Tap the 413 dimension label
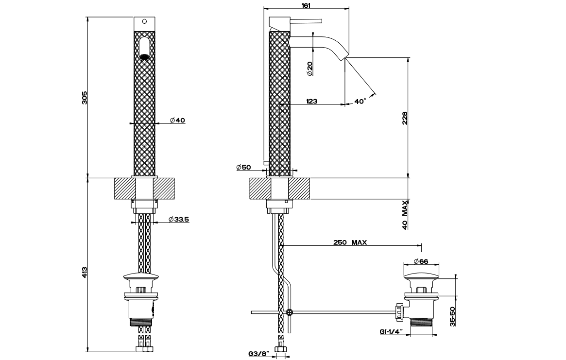pos(84,272)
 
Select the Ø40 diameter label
pos(178,120)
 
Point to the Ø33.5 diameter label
pos(179,220)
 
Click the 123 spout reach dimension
pos(312,102)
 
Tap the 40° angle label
pos(360,102)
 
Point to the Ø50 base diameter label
pos(243,167)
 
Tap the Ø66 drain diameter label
pos(421,261)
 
